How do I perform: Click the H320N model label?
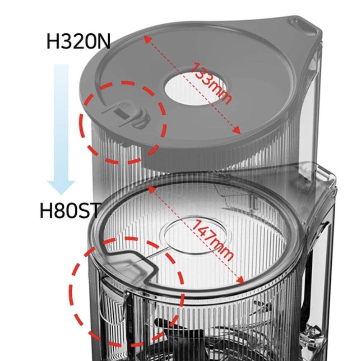(79, 41)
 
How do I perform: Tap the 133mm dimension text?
(210, 83)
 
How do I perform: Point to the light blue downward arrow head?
(61, 187)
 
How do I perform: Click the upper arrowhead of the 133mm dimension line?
(148, 40)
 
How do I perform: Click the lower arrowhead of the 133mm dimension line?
(237, 130)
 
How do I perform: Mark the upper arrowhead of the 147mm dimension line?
(151, 190)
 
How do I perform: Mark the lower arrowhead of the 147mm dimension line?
(241, 280)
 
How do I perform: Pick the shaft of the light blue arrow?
(61, 122)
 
